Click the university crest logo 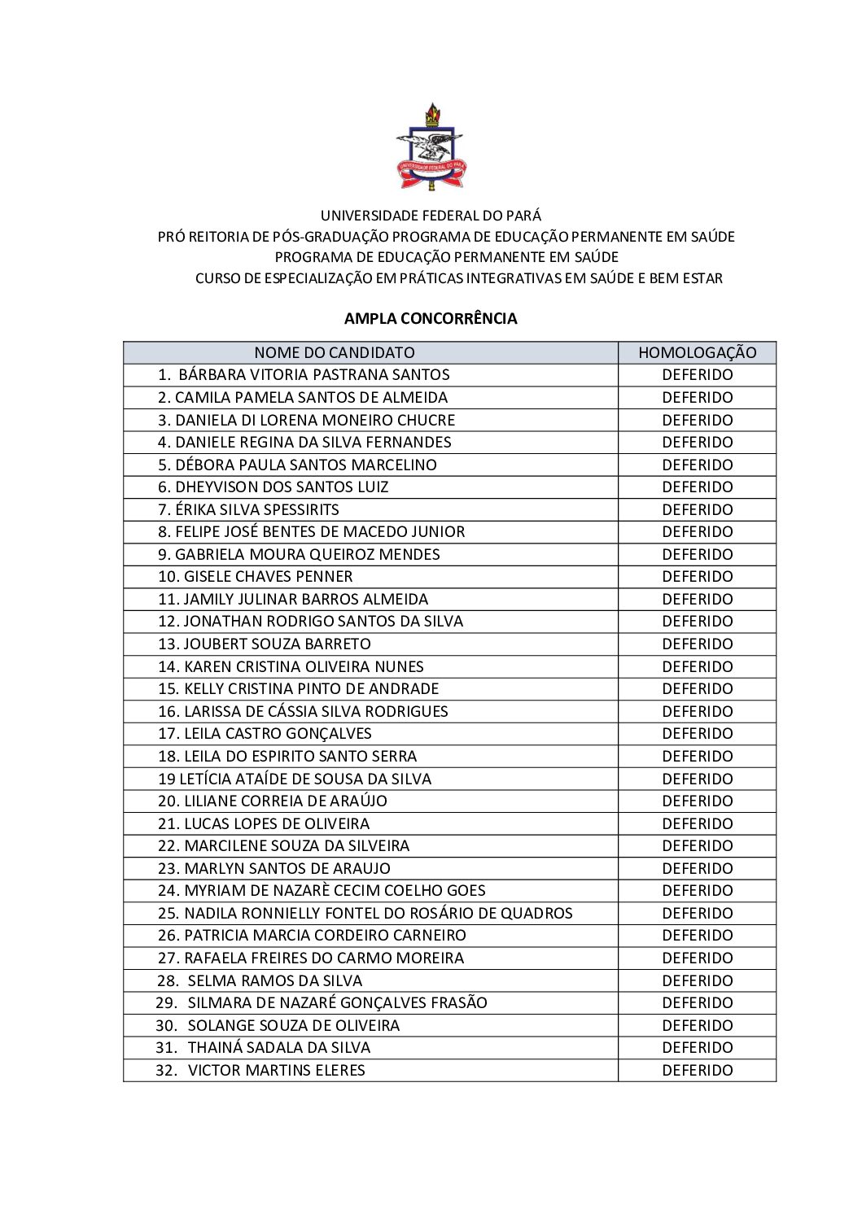coord(431,146)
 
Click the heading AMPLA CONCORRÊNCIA coord(431,318)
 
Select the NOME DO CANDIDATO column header coord(335,352)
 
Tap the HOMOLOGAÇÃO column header coord(697,352)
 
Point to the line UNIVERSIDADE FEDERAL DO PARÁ coord(431,216)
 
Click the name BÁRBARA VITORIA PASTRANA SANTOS coord(313,375)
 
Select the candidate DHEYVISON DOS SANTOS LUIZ coord(282,487)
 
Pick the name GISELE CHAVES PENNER coord(268,577)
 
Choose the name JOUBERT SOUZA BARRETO coord(277,644)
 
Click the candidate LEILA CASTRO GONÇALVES coord(278,733)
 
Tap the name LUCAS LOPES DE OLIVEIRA coord(277,823)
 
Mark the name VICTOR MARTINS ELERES coord(276,1070)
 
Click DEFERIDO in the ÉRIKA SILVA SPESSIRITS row coord(697,509)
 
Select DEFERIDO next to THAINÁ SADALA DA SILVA coord(697,1047)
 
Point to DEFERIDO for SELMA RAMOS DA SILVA coord(697,980)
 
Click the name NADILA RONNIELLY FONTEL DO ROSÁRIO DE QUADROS coord(378,913)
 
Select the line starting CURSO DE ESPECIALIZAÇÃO coord(458,278)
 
